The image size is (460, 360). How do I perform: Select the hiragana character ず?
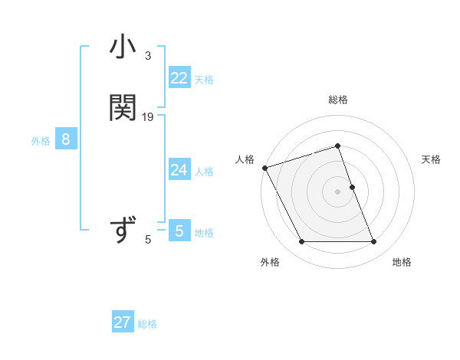(x=123, y=230)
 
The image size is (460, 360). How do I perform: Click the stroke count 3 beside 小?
(x=148, y=56)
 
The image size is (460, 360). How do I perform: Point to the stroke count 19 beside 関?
(x=148, y=116)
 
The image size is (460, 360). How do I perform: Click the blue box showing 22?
(x=179, y=78)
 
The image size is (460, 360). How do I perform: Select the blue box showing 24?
(x=179, y=170)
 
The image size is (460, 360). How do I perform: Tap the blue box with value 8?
(x=67, y=139)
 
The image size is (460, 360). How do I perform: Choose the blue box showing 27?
(x=123, y=322)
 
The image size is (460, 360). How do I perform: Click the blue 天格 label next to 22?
(x=204, y=80)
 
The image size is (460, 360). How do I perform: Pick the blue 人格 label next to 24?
(x=204, y=172)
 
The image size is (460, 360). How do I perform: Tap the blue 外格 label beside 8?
(x=41, y=141)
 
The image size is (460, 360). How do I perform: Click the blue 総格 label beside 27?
(x=147, y=324)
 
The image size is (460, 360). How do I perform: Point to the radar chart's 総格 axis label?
(x=338, y=100)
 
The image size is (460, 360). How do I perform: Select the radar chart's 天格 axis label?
(x=432, y=159)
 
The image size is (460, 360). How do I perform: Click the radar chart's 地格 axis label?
(x=402, y=262)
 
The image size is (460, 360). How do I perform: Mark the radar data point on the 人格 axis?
(x=264, y=168)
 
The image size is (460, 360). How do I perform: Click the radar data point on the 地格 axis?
(x=374, y=242)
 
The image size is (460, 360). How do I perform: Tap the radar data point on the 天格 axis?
(x=352, y=187)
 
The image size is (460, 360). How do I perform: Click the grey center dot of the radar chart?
(x=338, y=191)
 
